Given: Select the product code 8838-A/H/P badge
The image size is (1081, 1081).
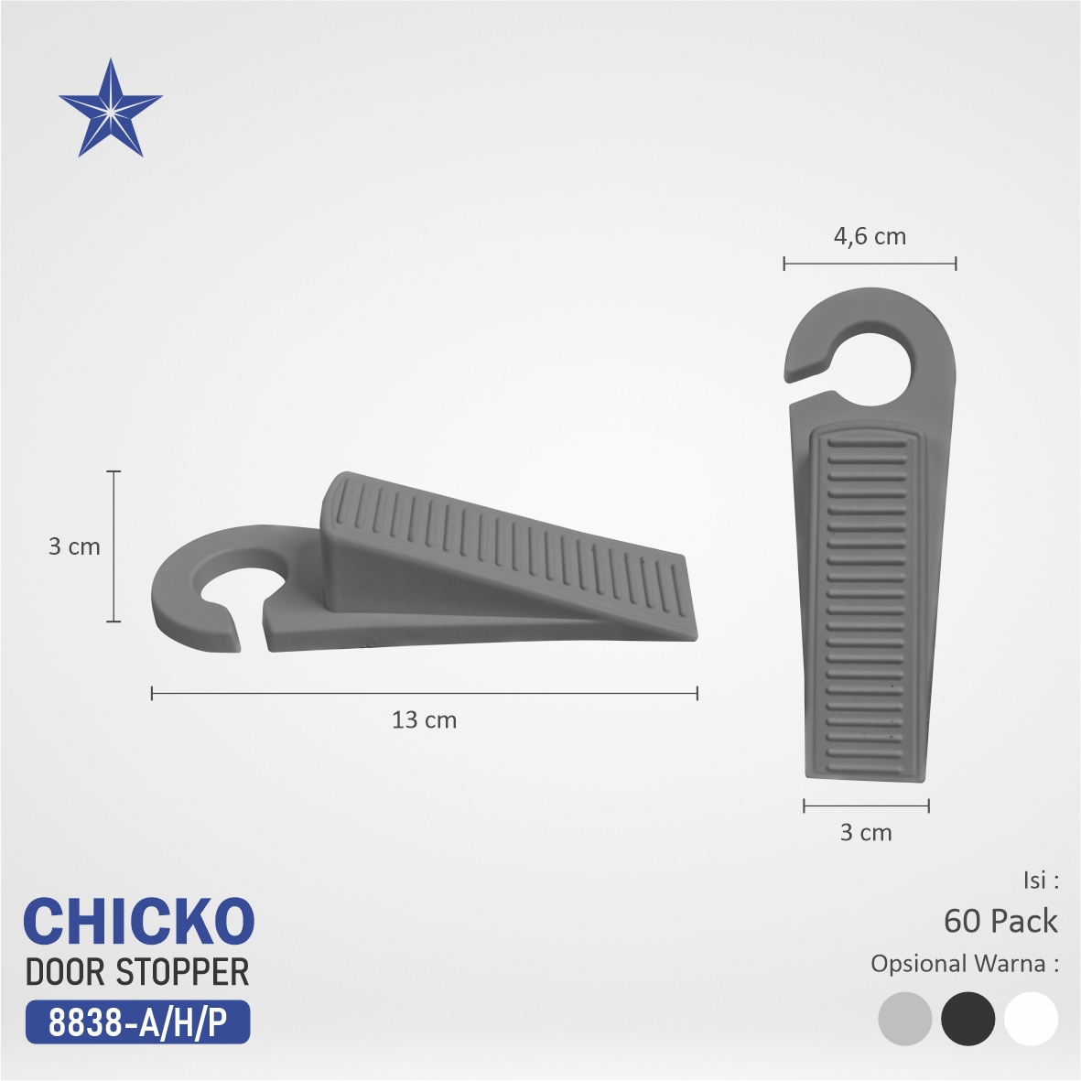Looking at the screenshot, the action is coord(137,1022).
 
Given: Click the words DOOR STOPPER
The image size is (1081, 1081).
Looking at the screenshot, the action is coord(137,972).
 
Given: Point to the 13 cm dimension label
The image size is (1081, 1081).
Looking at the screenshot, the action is coord(424,719).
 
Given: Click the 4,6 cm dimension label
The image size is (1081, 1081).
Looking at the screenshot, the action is coord(870,236).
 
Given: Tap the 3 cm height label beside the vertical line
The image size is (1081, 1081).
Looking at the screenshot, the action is coord(74,546).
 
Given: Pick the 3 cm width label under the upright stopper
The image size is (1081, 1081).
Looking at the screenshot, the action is coord(866,832).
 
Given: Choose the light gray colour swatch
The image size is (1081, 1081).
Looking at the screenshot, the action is coord(905,1019).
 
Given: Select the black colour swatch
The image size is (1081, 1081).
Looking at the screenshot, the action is coord(967,1019).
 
